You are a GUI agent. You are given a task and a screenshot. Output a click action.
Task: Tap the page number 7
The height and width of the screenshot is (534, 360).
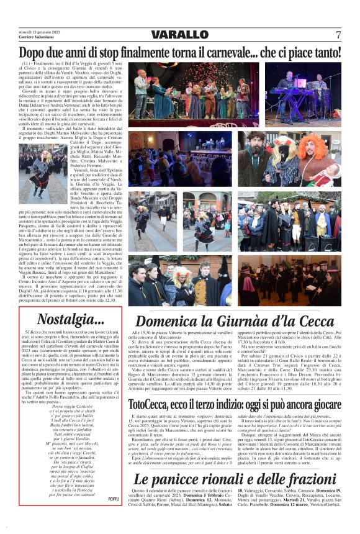tap(338, 34)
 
